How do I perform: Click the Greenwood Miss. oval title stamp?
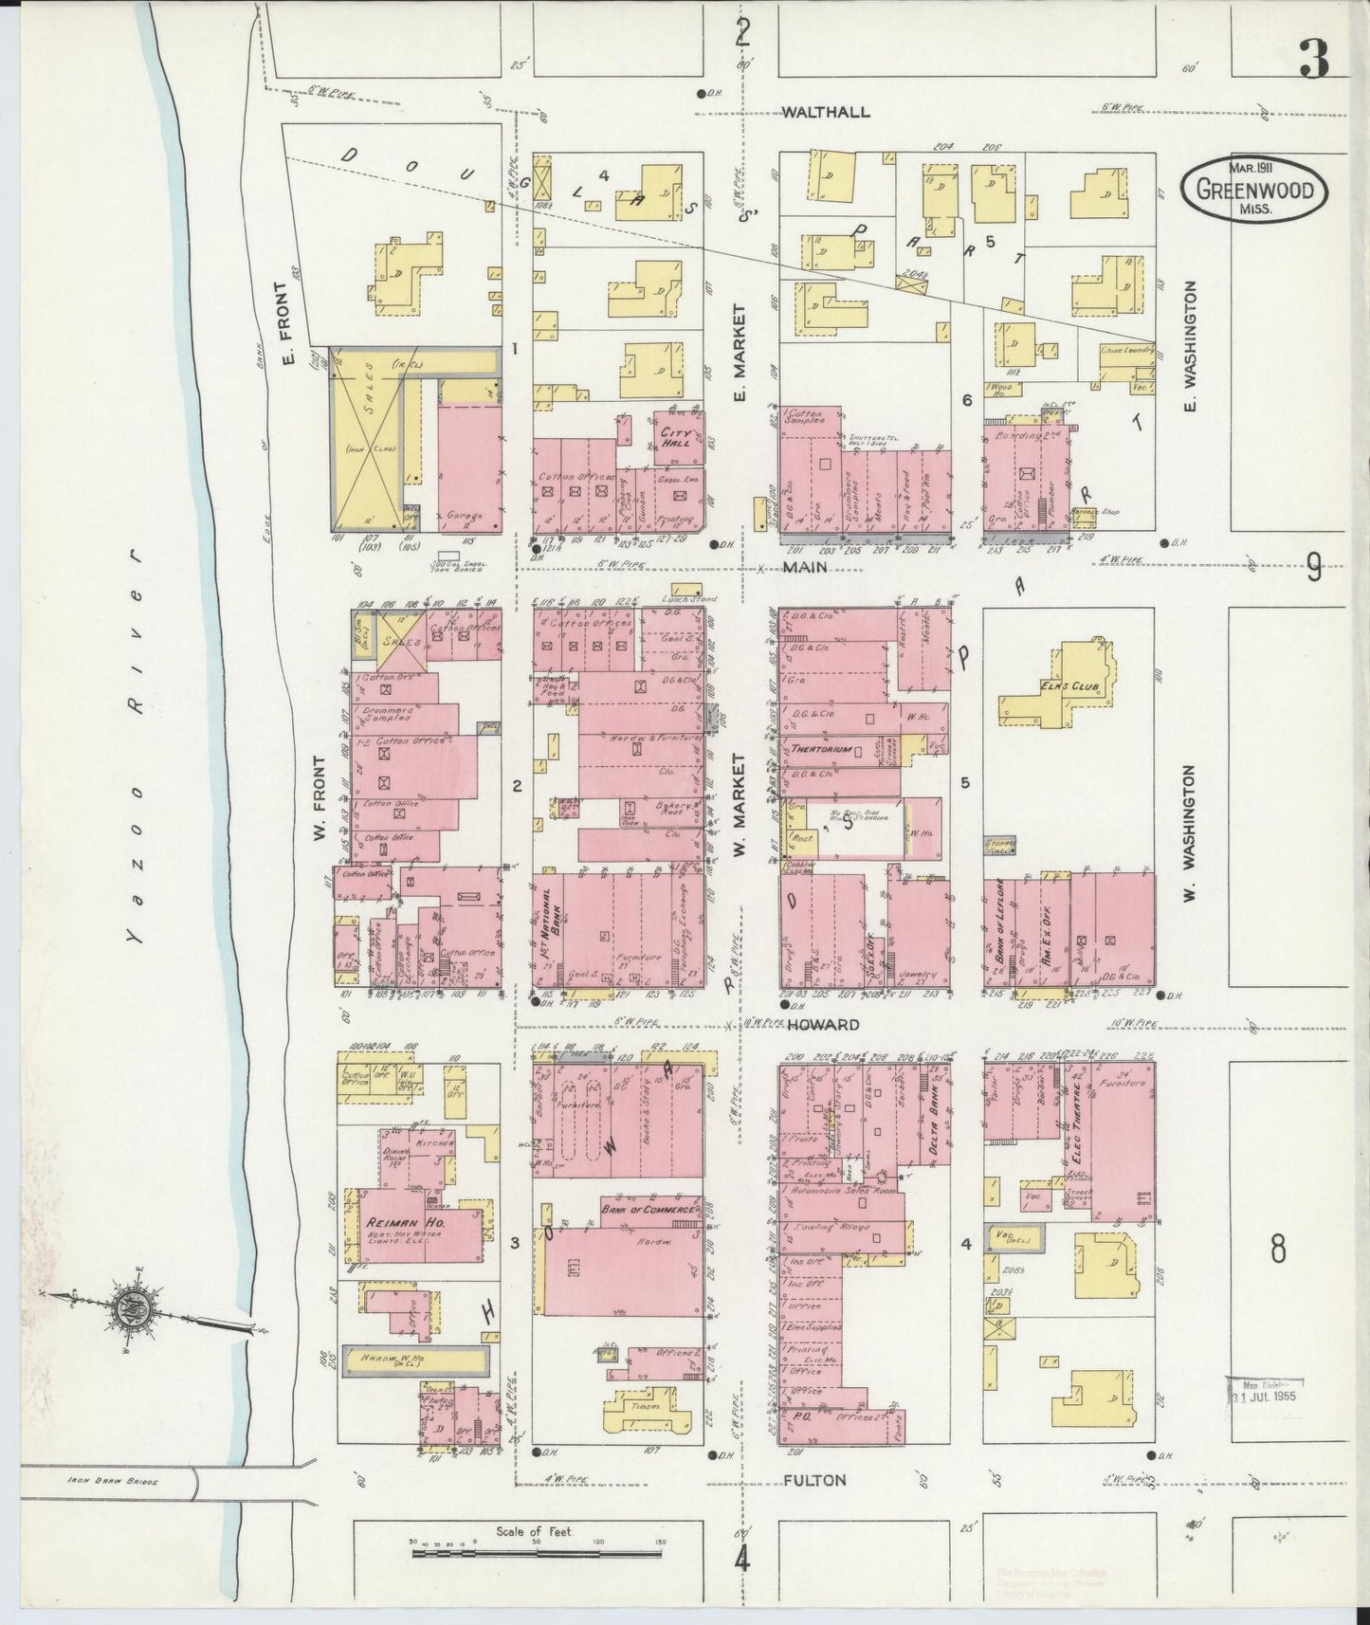tap(1253, 189)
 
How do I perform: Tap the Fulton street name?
tap(814, 1479)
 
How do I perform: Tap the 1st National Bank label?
tap(547, 921)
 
